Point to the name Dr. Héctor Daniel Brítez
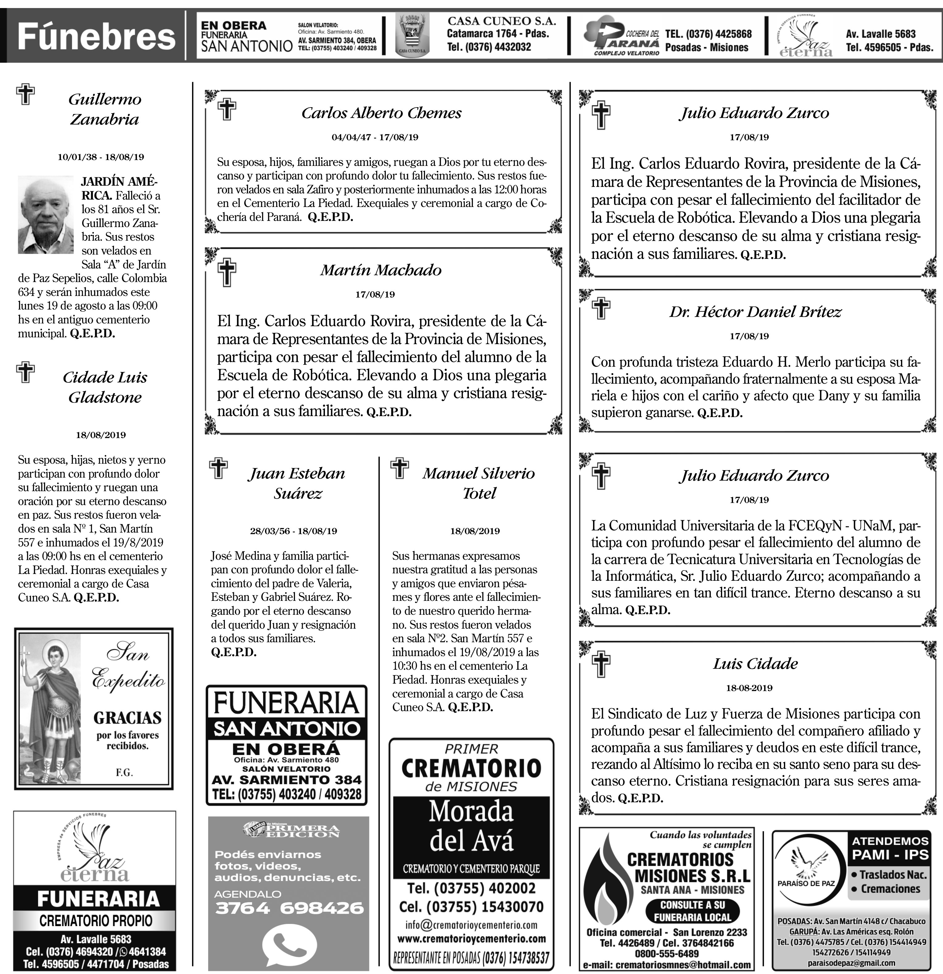coord(755,312)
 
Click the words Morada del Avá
coord(471,826)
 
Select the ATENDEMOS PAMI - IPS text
coord(890,848)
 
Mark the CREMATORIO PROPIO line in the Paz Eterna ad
coord(95,920)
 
